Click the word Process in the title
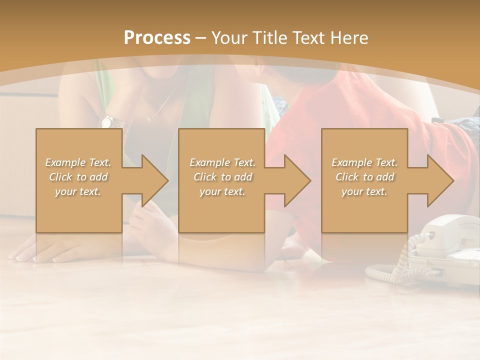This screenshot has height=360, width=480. coord(157,38)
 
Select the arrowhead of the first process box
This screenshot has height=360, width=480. coord(153,180)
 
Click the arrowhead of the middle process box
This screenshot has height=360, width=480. coord(295,180)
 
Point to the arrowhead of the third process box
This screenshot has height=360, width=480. coord(438,180)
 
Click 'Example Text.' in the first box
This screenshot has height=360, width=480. coord(78,162)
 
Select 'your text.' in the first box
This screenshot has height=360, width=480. coord(78,191)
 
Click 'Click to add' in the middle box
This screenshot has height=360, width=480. coord(222,177)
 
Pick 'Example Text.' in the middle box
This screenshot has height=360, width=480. coord(222,162)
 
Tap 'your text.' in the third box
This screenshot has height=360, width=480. coord(364,191)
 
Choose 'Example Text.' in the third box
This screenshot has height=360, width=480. coord(364,162)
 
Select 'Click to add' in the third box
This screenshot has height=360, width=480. coord(364,177)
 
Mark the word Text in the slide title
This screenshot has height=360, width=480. coord(309,38)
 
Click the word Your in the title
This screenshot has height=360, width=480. coord(229,38)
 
